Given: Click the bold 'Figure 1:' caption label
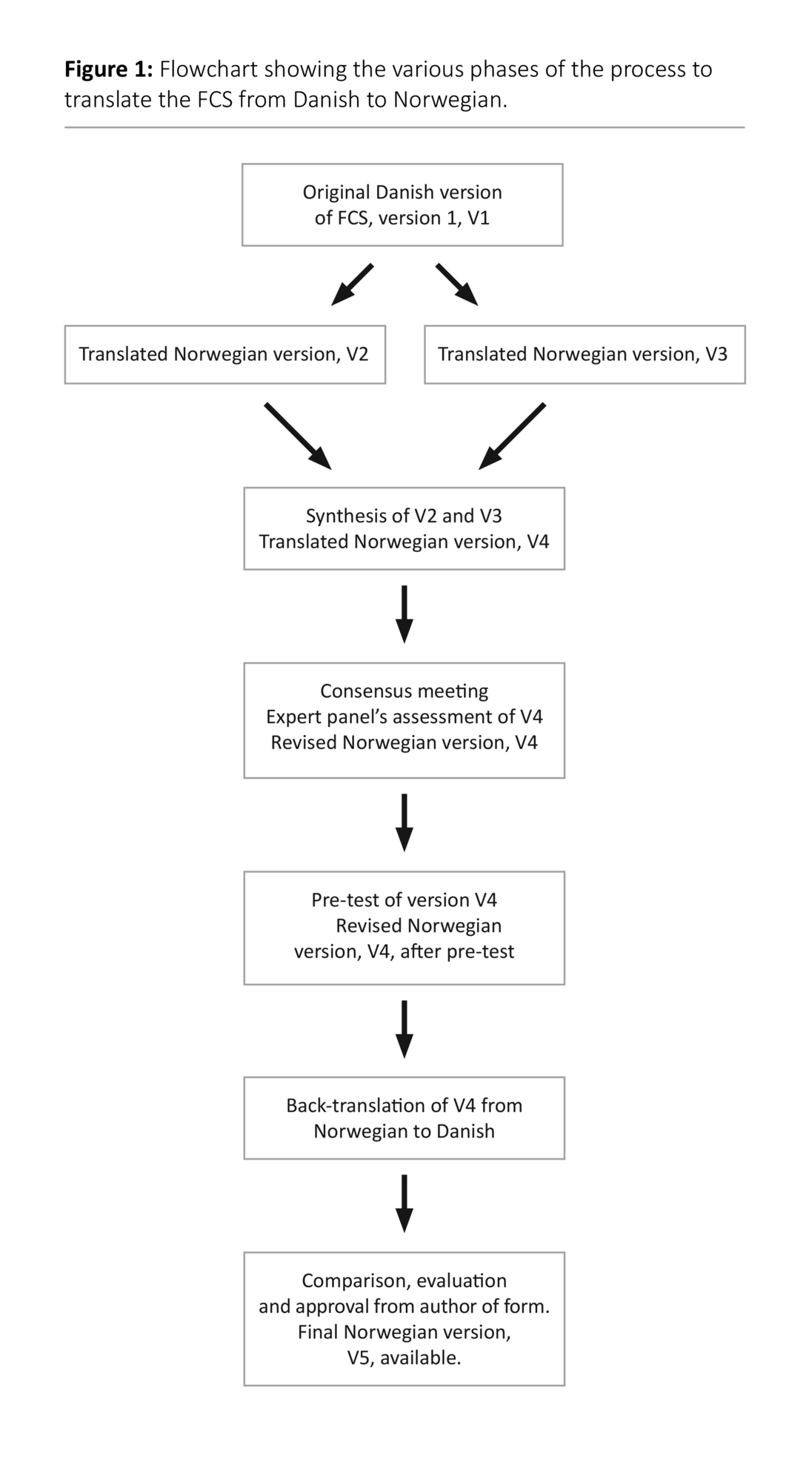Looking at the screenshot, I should pyautogui.click(x=108, y=70).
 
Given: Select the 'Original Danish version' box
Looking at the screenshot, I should pyautogui.click(x=402, y=205).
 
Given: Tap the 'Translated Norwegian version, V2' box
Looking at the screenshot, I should pyautogui.click(x=224, y=354).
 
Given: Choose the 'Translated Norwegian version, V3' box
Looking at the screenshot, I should pyautogui.click(x=584, y=354).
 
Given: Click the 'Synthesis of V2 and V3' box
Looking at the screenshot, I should pyautogui.click(x=404, y=528).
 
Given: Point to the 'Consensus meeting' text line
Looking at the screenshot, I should pyautogui.click(x=404, y=691).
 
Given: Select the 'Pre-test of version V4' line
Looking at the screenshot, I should pyautogui.click(x=404, y=900).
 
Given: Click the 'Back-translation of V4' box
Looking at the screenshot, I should pyautogui.click(x=404, y=1117).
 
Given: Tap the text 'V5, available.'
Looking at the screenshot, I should pyautogui.click(x=404, y=1358).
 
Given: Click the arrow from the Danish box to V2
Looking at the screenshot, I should pyautogui.click(x=352, y=285).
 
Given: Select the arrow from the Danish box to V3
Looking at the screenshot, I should pyautogui.click(x=456, y=285).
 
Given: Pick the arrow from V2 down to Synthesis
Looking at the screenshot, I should pyautogui.click(x=298, y=436).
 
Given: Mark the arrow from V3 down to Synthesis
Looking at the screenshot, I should pyautogui.click(x=512, y=436).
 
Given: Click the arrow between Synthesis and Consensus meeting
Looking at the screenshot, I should pyautogui.click(x=404, y=614).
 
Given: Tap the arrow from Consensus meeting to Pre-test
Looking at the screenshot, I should pyautogui.click(x=404, y=823).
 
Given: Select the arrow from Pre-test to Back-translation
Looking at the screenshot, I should pyautogui.click(x=404, y=1029).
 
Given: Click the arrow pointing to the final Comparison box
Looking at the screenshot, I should pyautogui.click(x=404, y=1203).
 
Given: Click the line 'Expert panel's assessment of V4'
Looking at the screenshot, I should pyautogui.click(x=404, y=717).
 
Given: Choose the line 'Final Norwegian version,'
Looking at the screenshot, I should pyautogui.click(x=404, y=1332).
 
